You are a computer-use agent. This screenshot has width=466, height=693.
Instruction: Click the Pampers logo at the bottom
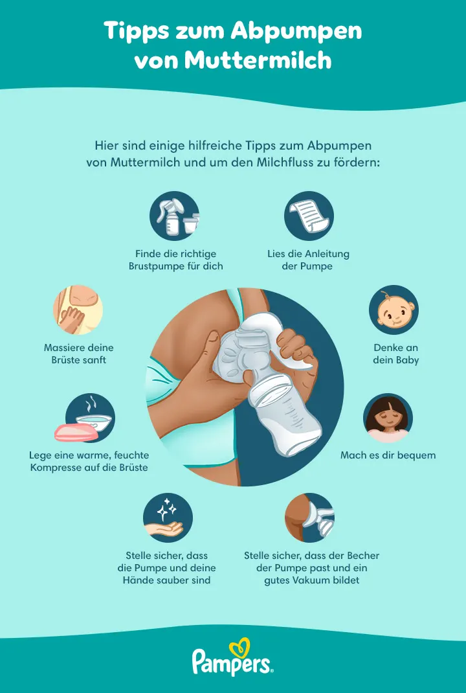coord(232,661)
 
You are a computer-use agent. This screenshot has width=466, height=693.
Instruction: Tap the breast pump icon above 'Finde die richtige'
coord(174,216)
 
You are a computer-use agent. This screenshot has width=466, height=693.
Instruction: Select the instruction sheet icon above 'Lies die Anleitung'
coord(309,216)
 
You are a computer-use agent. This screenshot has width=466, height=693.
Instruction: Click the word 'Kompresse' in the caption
coord(60,467)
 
